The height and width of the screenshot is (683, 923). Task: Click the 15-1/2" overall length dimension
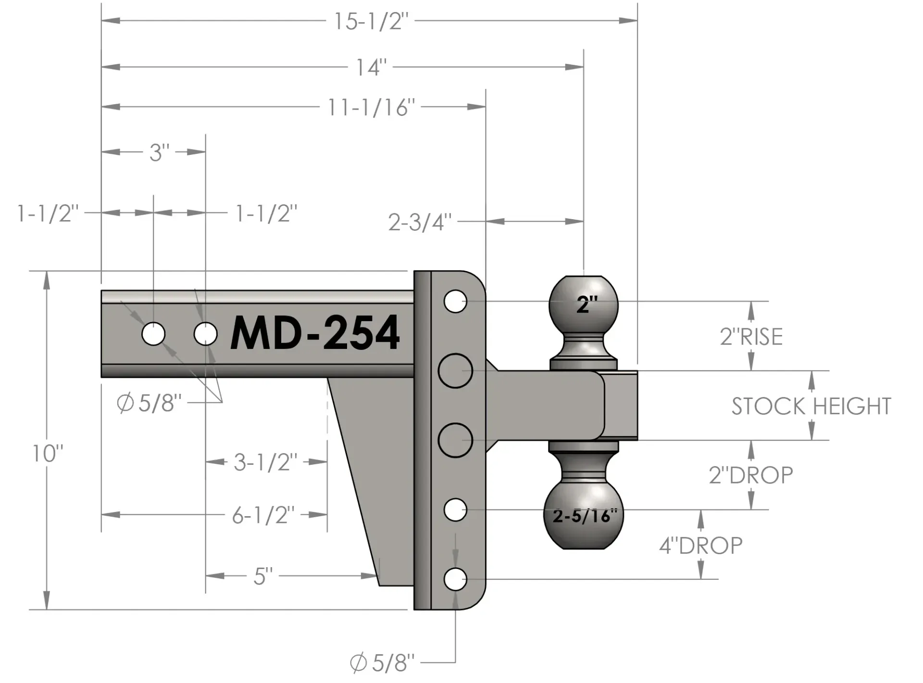click(x=371, y=21)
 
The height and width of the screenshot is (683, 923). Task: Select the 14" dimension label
click(x=371, y=67)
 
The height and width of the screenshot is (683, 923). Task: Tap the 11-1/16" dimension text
click(x=371, y=107)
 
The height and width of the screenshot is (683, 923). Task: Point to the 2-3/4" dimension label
click(x=420, y=222)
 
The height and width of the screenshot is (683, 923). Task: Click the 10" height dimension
click(x=48, y=453)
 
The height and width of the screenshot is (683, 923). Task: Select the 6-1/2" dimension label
click(x=263, y=515)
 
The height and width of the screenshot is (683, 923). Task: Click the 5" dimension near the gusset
click(x=263, y=576)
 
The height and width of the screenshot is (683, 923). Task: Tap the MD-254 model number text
click(x=315, y=333)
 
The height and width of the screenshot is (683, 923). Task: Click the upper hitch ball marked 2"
click(x=584, y=304)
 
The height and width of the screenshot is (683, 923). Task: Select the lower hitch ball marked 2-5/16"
click(x=584, y=516)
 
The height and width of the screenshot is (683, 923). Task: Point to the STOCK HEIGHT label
click(x=811, y=406)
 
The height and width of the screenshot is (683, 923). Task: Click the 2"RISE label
click(x=751, y=336)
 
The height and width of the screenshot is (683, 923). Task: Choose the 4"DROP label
click(x=700, y=546)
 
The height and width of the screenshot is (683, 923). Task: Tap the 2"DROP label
click(x=750, y=475)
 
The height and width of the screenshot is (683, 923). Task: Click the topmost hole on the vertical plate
click(x=455, y=301)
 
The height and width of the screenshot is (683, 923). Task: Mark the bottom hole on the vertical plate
click(x=455, y=579)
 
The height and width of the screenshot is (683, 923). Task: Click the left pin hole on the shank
click(x=153, y=334)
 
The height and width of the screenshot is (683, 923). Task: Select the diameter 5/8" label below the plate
click(x=382, y=663)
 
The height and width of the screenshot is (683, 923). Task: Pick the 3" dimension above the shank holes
click(x=159, y=152)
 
